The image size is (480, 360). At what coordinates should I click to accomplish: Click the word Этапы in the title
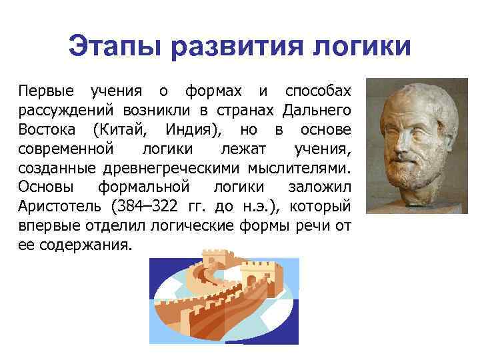114,47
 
